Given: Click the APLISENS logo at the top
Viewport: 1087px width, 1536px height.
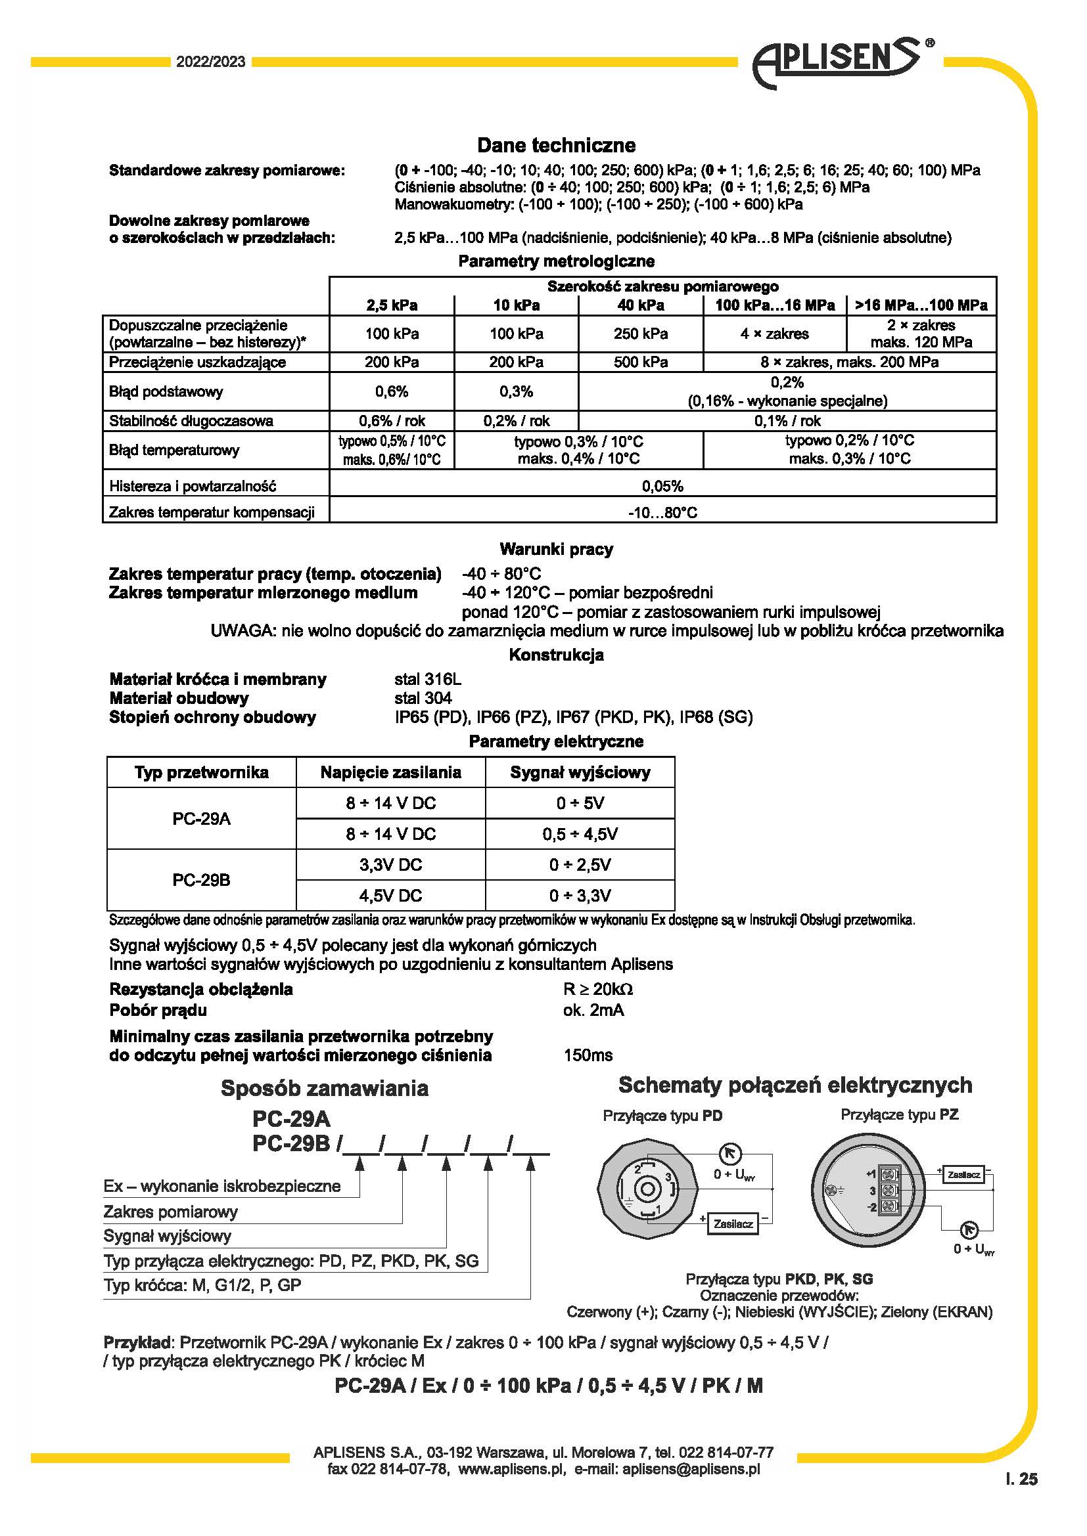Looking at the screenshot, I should (840, 64).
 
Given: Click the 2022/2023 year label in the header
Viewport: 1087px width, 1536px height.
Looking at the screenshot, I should (211, 62).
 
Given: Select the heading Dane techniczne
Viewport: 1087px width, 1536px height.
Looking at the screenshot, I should (556, 145).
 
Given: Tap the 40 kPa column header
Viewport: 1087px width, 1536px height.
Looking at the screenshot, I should (641, 306).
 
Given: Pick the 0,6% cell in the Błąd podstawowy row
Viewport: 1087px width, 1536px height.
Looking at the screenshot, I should (392, 391).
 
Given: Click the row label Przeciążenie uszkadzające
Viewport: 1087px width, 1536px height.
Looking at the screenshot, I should (197, 362).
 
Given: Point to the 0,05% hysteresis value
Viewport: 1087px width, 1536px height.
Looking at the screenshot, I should (662, 486).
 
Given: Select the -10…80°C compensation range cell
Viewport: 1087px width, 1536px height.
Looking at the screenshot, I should (662, 512).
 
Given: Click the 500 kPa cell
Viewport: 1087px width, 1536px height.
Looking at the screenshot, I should (641, 362).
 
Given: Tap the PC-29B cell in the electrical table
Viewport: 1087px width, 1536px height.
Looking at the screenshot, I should (202, 880).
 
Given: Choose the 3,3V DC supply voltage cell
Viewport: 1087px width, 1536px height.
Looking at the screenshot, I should (391, 865).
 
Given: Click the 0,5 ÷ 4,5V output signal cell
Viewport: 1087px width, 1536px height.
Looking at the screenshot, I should (580, 834).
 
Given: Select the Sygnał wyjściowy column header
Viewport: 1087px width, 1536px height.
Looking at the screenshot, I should (580, 773).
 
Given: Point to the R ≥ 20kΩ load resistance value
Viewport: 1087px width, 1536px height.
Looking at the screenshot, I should (597, 989).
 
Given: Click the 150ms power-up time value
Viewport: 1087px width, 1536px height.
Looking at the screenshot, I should (588, 1055).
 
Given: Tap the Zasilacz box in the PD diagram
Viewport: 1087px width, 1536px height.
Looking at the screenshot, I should (733, 1223).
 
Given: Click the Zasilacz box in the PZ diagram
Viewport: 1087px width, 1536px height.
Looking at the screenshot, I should (964, 1174).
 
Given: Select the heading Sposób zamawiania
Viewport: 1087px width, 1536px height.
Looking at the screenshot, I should (325, 1088).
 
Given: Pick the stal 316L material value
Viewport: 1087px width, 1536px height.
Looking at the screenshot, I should (428, 680).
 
